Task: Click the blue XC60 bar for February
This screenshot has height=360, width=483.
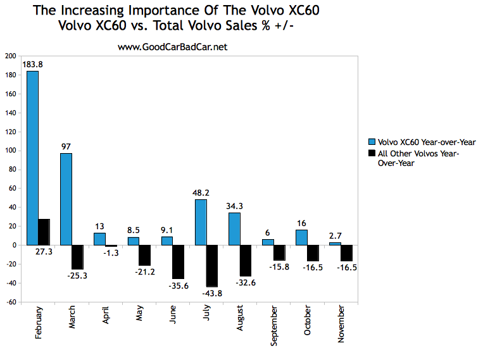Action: tap(32, 158)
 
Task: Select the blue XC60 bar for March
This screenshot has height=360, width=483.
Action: tap(65, 199)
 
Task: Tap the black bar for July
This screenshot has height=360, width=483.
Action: tap(211, 266)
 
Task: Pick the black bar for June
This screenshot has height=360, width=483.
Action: tap(178, 262)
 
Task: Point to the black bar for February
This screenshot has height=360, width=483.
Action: tap(44, 232)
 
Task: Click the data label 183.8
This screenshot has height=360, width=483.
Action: tap(32, 64)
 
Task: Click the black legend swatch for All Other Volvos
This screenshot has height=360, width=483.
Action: tap(372, 153)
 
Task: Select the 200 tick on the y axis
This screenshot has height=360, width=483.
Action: tap(11, 56)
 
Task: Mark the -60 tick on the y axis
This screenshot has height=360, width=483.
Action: tap(11, 302)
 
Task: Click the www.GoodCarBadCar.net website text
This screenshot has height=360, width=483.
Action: tap(172, 47)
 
